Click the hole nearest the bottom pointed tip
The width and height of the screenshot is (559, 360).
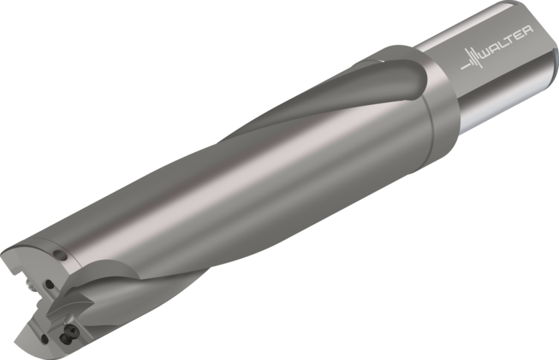click(44, 339)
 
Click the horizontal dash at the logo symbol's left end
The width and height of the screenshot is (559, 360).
click(465, 67)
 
